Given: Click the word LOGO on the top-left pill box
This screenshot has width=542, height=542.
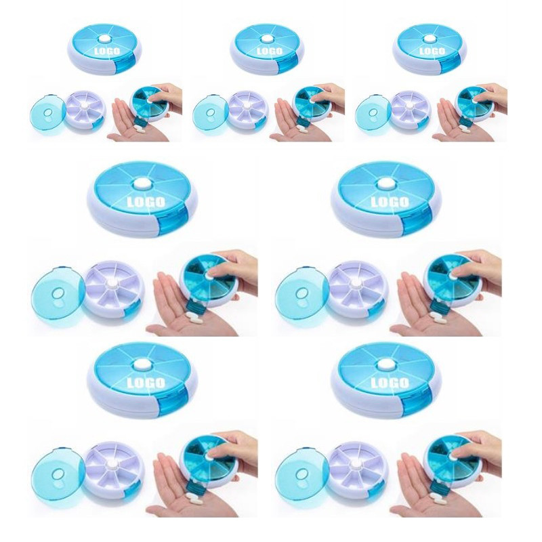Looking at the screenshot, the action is point(107,51).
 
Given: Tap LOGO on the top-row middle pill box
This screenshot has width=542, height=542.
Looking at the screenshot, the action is point(270,51).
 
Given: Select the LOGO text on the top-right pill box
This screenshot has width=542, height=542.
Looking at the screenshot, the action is point(432,51).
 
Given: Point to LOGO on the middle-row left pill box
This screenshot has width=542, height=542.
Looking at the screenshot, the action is point(146,202).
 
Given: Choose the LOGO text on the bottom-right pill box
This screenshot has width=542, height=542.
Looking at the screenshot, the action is point(390,383).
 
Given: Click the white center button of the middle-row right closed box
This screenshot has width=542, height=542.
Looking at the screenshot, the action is point(386,184).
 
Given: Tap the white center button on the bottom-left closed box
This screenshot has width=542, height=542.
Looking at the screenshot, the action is point(142,364).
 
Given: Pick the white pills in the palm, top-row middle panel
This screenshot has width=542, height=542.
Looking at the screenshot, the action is point(302,129).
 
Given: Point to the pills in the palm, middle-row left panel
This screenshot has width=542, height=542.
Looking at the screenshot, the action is point(194,317).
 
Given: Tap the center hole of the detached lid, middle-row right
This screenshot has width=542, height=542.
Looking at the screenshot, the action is point(301,293).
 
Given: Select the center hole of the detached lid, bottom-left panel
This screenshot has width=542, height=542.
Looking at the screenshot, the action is point(58,474).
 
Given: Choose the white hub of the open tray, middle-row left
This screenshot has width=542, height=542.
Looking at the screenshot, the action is point(112,283).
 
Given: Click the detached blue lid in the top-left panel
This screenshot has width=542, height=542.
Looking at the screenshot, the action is point(47,113).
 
